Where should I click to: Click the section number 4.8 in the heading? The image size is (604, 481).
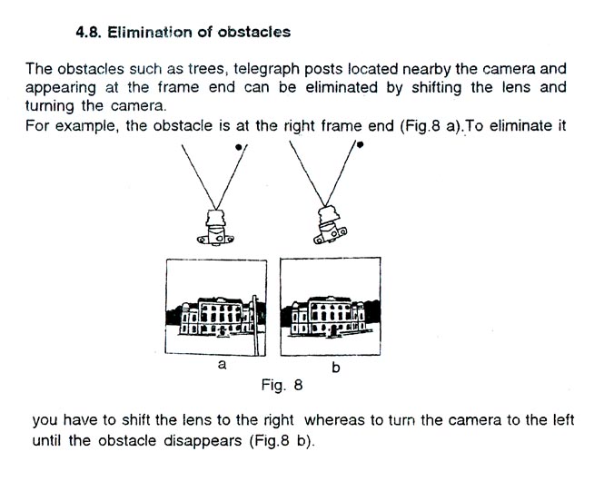[x=88, y=33]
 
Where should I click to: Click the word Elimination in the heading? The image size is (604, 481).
[x=150, y=33]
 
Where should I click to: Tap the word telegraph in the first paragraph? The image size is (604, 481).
[x=266, y=70]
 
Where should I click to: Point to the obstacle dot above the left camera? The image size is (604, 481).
[x=239, y=147]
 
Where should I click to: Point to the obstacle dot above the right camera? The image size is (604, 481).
[x=360, y=145]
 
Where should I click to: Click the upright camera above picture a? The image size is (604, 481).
[x=216, y=228]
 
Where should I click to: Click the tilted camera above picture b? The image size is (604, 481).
[x=330, y=225]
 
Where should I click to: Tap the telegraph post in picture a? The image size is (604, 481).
[x=254, y=326]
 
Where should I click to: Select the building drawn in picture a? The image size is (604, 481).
[x=216, y=316]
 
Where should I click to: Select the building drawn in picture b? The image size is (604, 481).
[x=328, y=316]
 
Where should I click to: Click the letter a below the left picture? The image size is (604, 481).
[x=222, y=365]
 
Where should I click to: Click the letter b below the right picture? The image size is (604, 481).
[x=336, y=367]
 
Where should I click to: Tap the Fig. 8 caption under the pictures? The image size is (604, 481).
[x=282, y=385]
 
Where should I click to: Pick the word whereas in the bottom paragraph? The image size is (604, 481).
[x=334, y=419]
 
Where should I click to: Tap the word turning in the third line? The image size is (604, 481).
[x=49, y=106]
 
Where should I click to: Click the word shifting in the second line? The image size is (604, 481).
[x=437, y=88]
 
